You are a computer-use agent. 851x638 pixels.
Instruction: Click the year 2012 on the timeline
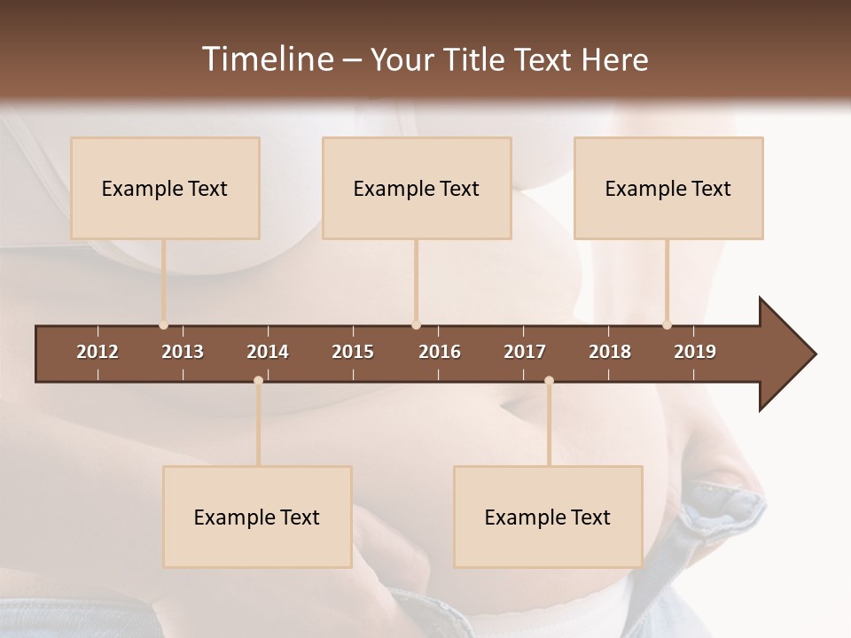click(x=98, y=352)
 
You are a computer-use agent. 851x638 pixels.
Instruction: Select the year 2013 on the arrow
click(x=183, y=352)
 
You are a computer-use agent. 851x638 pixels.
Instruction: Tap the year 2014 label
click(x=268, y=352)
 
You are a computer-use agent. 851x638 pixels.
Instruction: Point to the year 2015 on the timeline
click(x=353, y=352)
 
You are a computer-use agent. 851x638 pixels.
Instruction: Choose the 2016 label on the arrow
click(x=440, y=352)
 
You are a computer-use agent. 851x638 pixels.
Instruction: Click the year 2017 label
click(x=525, y=352)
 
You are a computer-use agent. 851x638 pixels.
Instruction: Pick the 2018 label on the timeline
click(x=610, y=352)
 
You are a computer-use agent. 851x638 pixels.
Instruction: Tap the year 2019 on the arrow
click(x=695, y=352)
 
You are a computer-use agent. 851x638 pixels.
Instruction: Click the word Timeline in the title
click(x=267, y=59)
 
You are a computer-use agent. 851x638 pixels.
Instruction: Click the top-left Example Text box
click(x=165, y=188)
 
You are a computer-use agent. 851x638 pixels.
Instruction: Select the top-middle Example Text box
click(x=417, y=188)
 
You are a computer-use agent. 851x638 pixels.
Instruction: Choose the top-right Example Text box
click(x=668, y=188)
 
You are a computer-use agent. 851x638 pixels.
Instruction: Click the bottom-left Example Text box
click(x=257, y=517)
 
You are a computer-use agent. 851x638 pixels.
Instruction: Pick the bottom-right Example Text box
click(x=548, y=517)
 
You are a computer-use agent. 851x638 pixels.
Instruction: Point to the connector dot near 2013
click(x=163, y=325)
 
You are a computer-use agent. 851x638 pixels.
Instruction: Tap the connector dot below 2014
click(x=258, y=380)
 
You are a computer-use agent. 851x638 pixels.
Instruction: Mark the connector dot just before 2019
click(x=667, y=325)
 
